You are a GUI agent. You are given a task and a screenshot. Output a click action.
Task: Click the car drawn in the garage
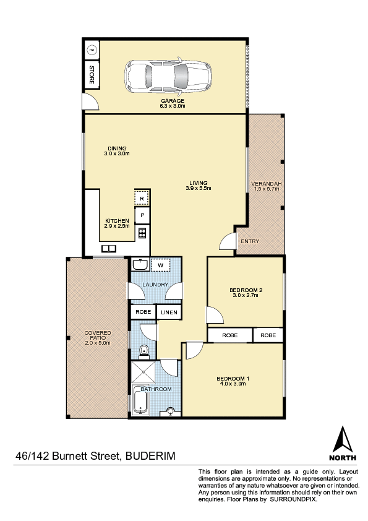click(x=168, y=77)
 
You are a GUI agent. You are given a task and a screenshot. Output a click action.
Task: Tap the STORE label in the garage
click(x=92, y=74)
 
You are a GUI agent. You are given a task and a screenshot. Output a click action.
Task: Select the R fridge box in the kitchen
click(x=142, y=199)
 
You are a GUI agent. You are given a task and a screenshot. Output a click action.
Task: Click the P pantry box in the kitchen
click(x=142, y=215)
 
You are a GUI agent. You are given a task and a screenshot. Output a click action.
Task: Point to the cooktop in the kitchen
click(x=142, y=233)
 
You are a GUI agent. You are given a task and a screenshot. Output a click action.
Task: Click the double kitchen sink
click(x=109, y=248)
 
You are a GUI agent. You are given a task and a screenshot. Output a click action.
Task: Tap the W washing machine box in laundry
click(x=161, y=265)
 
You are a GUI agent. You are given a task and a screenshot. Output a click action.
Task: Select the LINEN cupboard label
click(x=169, y=312)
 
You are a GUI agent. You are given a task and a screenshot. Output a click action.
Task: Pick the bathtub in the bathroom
click(x=140, y=400)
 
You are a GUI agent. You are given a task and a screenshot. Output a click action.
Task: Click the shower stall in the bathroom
click(x=143, y=372)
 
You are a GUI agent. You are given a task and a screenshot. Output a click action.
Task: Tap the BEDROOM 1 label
click(x=233, y=379)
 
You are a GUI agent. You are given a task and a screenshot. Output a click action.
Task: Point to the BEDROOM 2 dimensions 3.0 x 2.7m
click(x=246, y=295)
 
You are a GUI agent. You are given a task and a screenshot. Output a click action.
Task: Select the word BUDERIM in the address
click(x=150, y=455)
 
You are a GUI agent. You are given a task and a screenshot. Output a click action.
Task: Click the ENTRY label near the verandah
click(x=250, y=241)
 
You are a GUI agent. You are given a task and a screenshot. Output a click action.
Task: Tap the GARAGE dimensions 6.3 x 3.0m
click(x=173, y=106)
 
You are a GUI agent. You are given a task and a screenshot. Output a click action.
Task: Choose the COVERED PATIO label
click(x=98, y=335)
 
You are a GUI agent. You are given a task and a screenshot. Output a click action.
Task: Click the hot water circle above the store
click(x=92, y=50)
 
